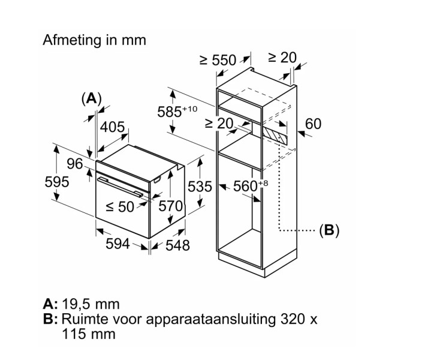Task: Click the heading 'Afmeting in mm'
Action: [94, 40]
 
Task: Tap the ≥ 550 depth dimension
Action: [218, 60]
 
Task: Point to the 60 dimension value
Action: [313, 124]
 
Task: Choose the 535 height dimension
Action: [200, 187]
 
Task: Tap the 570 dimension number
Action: [170, 206]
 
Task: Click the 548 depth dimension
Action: [177, 245]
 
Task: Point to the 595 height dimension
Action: [58, 182]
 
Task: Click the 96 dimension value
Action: [74, 163]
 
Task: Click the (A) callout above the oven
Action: [91, 99]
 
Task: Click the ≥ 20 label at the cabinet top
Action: [282, 58]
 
